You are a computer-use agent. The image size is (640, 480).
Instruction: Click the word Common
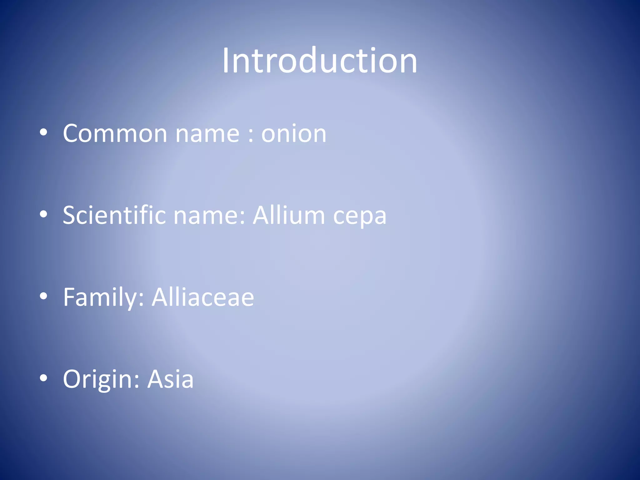click(115, 133)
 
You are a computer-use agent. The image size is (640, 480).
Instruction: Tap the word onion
click(294, 133)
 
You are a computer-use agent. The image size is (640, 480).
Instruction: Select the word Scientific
click(114, 215)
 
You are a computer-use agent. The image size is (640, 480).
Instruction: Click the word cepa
click(360, 217)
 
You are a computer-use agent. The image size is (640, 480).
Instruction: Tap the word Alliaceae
click(203, 297)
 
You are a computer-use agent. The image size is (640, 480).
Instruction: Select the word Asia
click(171, 379)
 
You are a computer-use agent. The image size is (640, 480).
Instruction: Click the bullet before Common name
click(43, 132)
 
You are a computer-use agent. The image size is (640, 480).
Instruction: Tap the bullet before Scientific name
click(43, 214)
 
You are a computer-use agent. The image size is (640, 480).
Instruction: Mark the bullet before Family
click(43, 296)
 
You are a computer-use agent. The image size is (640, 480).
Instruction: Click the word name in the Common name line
click(207, 134)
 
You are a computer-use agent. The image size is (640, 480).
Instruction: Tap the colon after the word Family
click(141, 299)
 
